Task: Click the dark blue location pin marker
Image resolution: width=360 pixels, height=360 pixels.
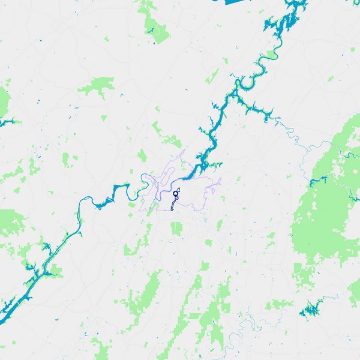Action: (x=176, y=193)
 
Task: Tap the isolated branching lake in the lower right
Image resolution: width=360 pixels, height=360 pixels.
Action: (x=310, y=310)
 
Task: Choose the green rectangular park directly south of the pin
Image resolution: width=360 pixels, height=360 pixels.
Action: (x=176, y=229)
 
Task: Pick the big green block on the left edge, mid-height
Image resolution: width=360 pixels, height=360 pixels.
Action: (x=11, y=222)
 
